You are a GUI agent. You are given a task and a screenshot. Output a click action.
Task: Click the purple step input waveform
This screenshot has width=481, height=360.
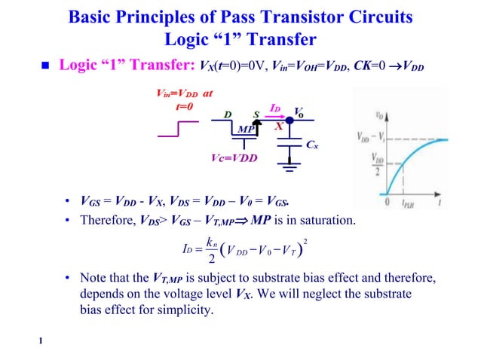178,129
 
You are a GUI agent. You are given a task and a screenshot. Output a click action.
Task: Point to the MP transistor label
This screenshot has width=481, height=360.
245,130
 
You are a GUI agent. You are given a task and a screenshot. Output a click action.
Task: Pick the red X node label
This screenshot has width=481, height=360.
279,127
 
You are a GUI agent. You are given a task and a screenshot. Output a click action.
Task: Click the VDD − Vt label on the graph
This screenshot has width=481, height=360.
368,138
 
